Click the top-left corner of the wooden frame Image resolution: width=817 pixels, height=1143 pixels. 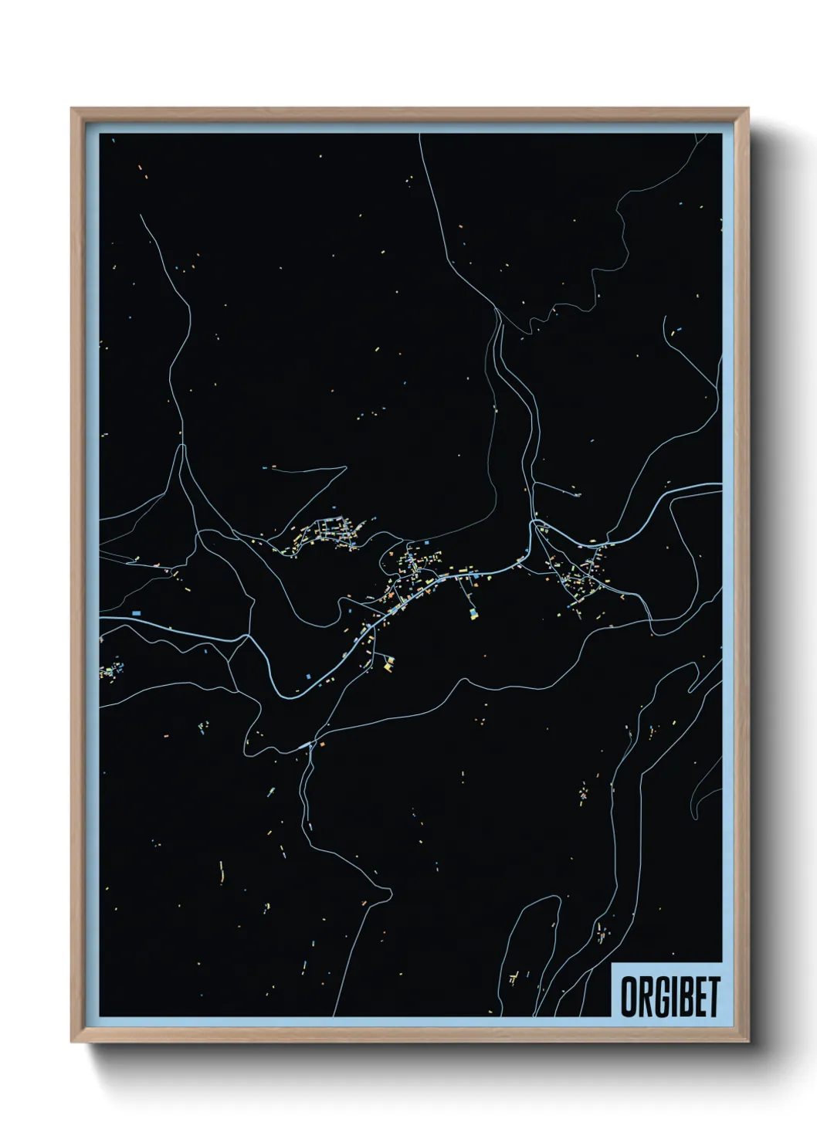[72, 109]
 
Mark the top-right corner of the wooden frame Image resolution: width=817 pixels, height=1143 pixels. [748, 109]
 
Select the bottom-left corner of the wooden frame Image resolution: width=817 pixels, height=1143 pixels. [72, 1042]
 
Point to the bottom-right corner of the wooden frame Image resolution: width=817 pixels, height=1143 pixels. [748, 1042]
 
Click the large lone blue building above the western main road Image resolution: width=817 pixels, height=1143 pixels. [137, 612]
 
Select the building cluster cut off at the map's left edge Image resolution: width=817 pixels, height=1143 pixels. [109, 670]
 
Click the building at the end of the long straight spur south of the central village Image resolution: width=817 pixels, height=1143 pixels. [472, 614]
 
